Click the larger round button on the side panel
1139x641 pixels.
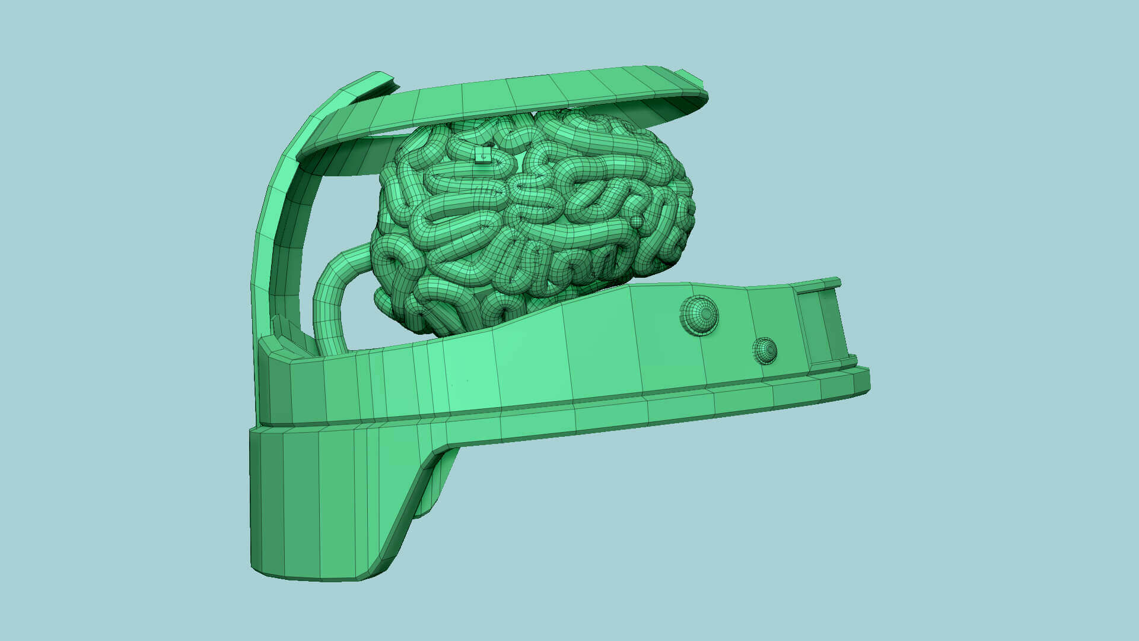pos(699,315)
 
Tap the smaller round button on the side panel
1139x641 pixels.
pos(765,350)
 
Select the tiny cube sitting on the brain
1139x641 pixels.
pos(483,156)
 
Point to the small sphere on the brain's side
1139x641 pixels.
pos(636,222)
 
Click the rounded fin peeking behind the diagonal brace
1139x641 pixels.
pos(439,481)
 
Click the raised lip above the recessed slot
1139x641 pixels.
pos(819,285)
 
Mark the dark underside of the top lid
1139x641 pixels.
pos(344,157)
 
